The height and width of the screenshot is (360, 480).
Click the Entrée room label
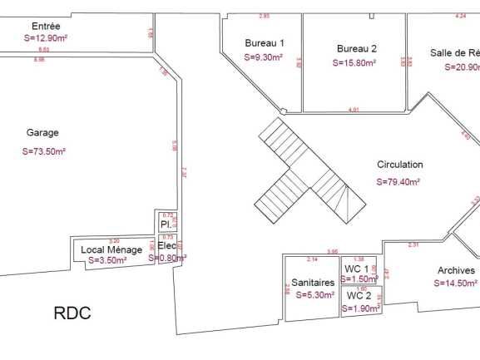[44, 26]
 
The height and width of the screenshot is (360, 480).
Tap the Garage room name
[42, 132]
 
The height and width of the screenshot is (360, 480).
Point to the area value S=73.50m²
[44, 151]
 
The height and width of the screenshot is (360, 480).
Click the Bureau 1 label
[265, 42]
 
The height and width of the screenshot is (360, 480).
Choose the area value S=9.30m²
[264, 57]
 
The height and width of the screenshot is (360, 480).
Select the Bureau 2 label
[357, 48]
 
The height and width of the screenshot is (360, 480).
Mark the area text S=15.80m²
[354, 62]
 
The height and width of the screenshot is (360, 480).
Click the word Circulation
[399, 165]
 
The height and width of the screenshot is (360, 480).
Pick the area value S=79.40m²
[398, 181]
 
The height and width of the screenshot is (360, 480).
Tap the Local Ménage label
[111, 249]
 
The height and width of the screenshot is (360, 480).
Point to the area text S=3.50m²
[107, 260]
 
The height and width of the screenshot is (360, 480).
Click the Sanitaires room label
[313, 283]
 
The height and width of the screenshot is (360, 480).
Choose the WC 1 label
[357, 269]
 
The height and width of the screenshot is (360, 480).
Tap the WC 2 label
[359, 295]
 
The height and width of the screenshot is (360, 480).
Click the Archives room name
[456, 270]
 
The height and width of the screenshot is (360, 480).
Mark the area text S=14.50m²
[456, 283]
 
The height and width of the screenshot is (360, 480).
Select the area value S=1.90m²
[361, 308]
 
